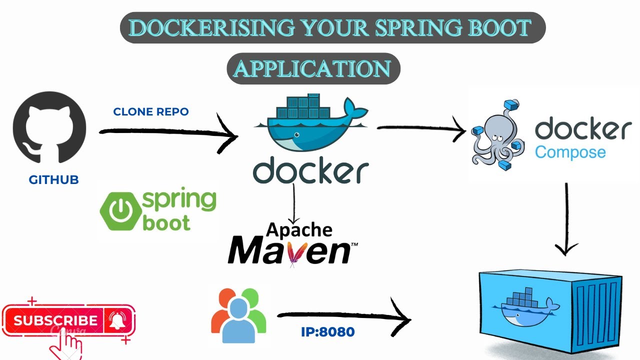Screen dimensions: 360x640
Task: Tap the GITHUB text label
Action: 53,180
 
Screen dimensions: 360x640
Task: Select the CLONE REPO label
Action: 151,112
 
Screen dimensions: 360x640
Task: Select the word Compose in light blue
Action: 570,151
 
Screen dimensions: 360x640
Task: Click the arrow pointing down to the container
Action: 566,220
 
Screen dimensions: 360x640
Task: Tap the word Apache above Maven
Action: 299,229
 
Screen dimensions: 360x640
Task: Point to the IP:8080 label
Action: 327,332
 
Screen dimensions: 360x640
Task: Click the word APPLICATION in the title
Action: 313,68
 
